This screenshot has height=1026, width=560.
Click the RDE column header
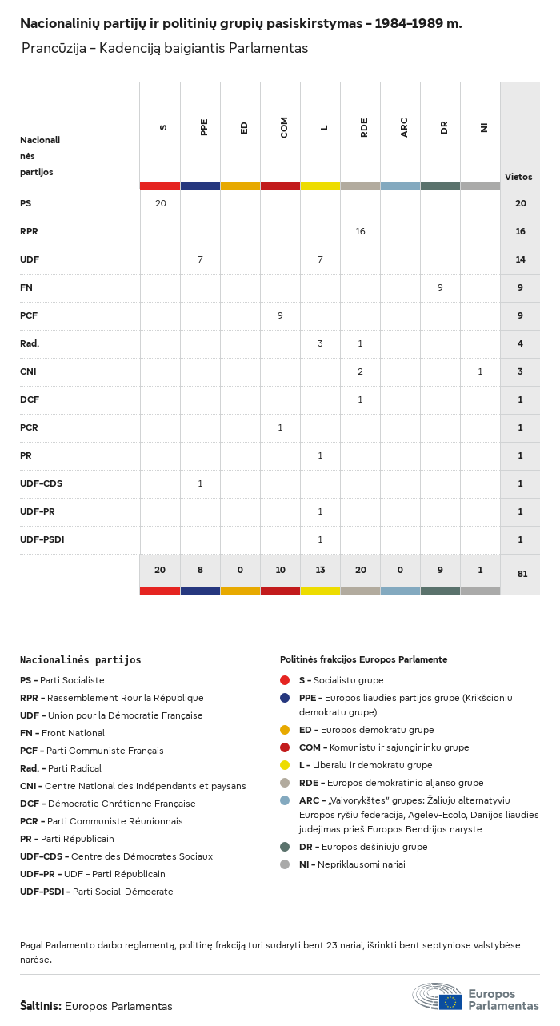(x=364, y=127)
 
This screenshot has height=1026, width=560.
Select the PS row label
(x=26, y=203)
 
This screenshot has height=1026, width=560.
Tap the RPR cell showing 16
(x=360, y=231)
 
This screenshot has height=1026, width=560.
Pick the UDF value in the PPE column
(x=200, y=259)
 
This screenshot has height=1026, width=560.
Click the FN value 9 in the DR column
(x=440, y=287)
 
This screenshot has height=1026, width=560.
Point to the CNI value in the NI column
(x=480, y=371)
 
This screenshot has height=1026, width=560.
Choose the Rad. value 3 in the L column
(x=320, y=343)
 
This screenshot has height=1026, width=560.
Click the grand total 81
(x=521, y=574)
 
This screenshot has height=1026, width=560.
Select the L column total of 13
(x=320, y=570)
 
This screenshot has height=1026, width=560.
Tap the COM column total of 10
(x=280, y=570)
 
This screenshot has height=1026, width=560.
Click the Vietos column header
(x=518, y=177)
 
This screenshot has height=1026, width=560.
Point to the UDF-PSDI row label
(x=42, y=539)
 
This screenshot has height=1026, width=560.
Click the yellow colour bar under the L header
(x=320, y=186)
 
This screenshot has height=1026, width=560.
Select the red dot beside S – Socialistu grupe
(x=285, y=680)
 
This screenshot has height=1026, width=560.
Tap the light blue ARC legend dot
(x=285, y=800)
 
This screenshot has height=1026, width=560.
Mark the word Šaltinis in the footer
(x=40, y=1006)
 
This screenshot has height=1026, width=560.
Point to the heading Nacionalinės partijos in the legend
(x=80, y=660)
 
